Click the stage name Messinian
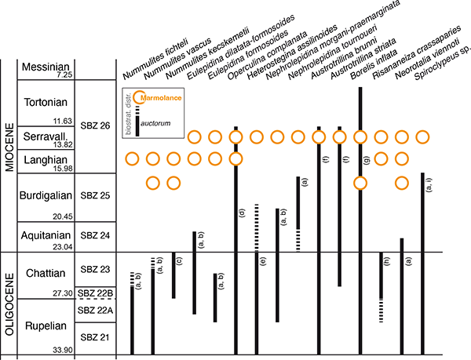pyautogui.click(x=46, y=67)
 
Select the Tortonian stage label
pyautogui.click(x=46, y=102)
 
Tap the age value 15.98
pyautogui.click(x=63, y=169)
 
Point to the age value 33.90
pyautogui.click(x=63, y=350)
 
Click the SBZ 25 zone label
pyautogui.click(x=95, y=195)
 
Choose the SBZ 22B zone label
pyautogui.click(x=95, y=293)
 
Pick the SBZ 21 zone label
pyautogui.click(x=95, y=337)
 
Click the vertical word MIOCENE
pyautogui.click(x=9, y=147)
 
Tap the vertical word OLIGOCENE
pyautogui.click(x=9, y=304)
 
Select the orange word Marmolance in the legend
pyautogui.click(x=161, y=98)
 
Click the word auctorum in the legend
pyautogui.click(x=155, y=123)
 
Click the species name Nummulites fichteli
pyautogui.click(x=155, y=59)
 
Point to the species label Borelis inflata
pyautogui.click(x=374, y=64)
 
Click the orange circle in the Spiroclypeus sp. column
pyautogui.click(x=422, y=137)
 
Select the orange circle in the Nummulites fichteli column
pyautogui.click(x=132, y=159)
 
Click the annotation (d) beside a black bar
pyautogui.click(x=242, y=213)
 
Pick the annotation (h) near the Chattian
pyautogui.click(x=387, y=261)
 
